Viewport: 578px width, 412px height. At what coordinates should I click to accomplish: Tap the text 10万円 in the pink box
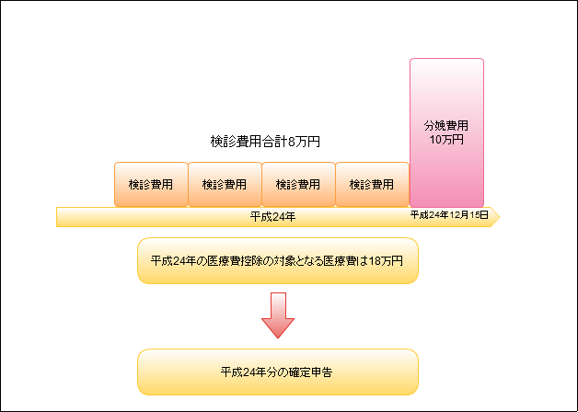click(x=446, y=140)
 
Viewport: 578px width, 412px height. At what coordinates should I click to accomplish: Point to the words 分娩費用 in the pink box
click(x=446, y=125)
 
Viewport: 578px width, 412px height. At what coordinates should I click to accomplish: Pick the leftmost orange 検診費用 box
click(x=151, y=185)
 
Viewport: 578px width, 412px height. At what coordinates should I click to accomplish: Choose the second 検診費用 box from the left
click(x=225, y=185)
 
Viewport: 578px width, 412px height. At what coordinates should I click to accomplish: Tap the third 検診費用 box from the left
click(x=298, y=185)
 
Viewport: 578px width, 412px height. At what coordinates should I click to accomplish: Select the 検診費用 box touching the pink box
click(x=372, y=185)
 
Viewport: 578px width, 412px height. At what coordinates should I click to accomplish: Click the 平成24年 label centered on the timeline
click(x=272, y=217)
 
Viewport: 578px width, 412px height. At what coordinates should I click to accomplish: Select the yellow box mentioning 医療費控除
click(x=278, y=262)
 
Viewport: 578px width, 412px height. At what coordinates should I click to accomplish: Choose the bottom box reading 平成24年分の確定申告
click(x=278, y=372)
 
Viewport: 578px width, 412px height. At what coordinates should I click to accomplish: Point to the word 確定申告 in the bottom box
click(x=312, y=372)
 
